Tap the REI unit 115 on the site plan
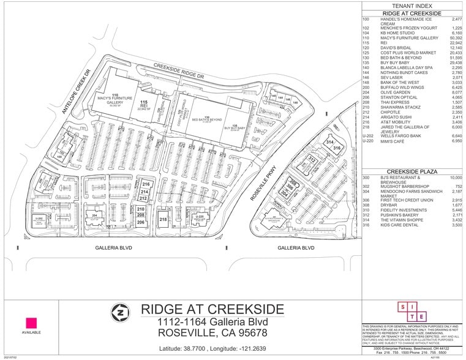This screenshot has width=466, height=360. [x=144, y=105]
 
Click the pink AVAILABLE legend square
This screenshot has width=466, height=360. [x=31, y=322]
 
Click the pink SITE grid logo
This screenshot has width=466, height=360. [x=412, y=311]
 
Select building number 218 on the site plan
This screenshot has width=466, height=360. [x=163, y=219]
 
